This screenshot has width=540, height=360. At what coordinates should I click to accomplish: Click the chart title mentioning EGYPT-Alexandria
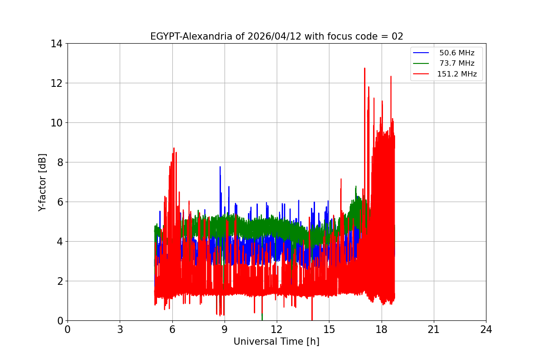276,36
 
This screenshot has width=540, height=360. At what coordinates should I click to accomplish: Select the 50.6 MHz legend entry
456,53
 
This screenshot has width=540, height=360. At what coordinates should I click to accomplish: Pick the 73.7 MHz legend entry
456,63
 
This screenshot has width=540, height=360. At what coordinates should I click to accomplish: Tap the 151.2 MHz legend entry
456,74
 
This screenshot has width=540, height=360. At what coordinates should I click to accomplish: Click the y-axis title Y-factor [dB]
42,182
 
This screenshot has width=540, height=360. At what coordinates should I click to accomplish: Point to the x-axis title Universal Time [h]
276,342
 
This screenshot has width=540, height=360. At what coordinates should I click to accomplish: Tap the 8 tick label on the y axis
59,162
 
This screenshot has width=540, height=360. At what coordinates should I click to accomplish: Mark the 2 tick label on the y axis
59,281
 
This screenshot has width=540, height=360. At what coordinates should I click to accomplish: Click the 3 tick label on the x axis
120,329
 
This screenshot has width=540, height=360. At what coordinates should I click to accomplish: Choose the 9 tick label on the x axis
224,329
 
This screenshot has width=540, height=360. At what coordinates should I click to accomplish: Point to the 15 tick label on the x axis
329,329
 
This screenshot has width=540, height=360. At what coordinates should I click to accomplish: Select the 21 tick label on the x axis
433,329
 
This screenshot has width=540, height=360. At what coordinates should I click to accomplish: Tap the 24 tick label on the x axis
486,329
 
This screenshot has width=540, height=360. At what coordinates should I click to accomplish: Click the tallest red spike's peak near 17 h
364,68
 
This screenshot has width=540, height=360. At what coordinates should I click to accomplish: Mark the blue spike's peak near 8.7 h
220,167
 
